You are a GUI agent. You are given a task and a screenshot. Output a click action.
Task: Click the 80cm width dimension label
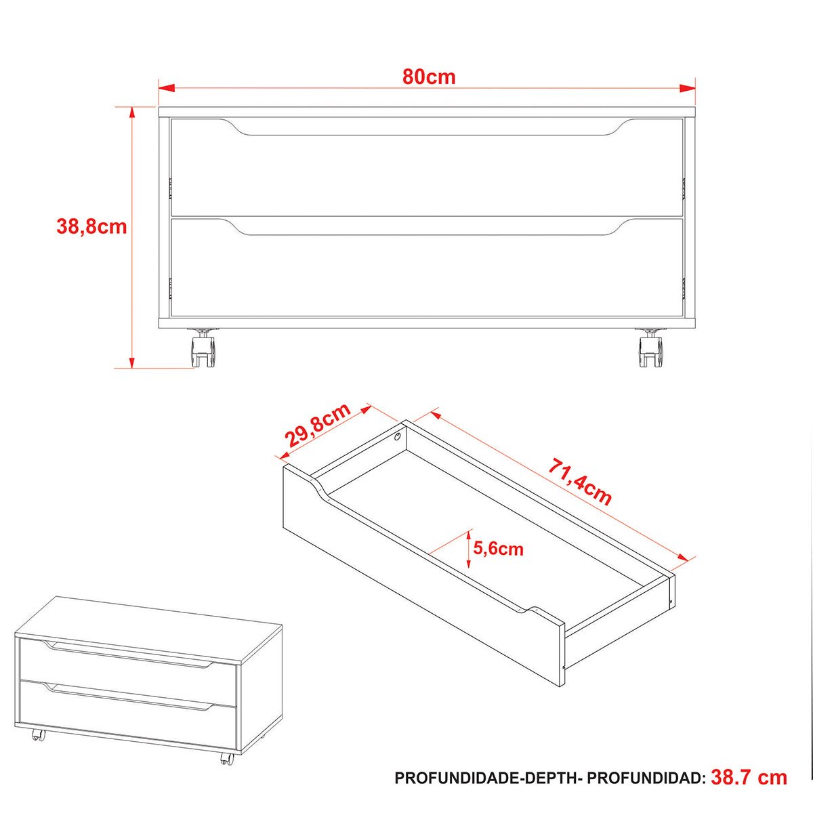[429, 77]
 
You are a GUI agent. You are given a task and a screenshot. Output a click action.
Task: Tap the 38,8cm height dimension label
[91, 226]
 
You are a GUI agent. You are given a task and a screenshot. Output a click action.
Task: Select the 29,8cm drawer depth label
[318, 425]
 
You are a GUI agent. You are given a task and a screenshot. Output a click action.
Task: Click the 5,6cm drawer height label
[498, 549]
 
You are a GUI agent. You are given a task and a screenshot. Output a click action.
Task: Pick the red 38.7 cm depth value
[749, 778]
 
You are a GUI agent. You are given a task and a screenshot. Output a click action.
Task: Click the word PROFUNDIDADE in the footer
[457, 778]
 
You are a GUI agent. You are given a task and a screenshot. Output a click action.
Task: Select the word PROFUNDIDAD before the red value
[646, 778]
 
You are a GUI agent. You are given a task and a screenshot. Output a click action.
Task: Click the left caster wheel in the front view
[205, 348]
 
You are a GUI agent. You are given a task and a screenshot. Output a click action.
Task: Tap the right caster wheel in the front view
[650, 348]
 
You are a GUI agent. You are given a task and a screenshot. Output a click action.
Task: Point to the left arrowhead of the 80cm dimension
[167, 88]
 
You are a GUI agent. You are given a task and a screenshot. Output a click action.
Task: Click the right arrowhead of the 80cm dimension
[686, 88]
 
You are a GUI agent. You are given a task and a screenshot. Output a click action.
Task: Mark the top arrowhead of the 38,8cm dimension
[132, 115]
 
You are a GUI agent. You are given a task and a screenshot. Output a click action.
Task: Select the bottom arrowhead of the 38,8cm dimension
[132, 360]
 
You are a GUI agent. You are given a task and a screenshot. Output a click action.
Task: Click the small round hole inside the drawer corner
[397, 437]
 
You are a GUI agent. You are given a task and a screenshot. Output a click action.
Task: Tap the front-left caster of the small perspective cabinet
[39, 747]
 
